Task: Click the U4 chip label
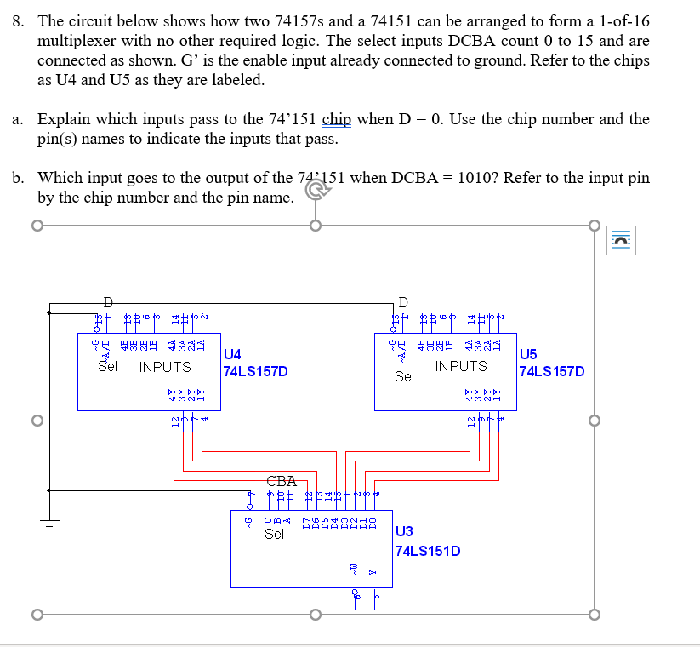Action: [231, 354]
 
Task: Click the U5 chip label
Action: [527, 354]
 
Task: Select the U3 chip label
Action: [405, 533]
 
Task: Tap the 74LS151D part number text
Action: [429, 551]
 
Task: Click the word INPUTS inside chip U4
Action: [165, 367]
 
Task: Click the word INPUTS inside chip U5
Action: [461, 366]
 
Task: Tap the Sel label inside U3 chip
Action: [274, 535]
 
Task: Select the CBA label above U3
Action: [282, 481]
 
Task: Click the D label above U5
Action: [402, 301]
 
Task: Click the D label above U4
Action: [106, 301]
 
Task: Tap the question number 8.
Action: [18, 20]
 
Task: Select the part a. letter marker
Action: [18, 119]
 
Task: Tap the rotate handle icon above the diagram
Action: [314, 192]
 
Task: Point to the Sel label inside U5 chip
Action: [405, 375]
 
